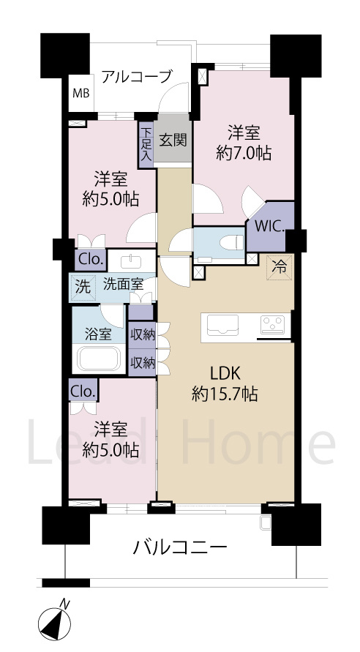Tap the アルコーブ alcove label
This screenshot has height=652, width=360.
pyautogui.click(x=137, y=76)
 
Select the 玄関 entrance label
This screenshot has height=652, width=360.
pyautogui.click(x=173, y=138)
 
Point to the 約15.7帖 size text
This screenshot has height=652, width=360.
pyautogui.click(x=224, y=393)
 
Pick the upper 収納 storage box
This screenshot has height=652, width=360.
pyautogui.click(x=142, y=334)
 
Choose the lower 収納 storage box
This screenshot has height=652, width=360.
pyautogui.click(x=142, y=361)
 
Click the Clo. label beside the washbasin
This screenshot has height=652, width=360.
pyautogui.click(x=91, y=259)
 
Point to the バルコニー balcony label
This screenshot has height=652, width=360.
pyautogui.click(x=180, y=547)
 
